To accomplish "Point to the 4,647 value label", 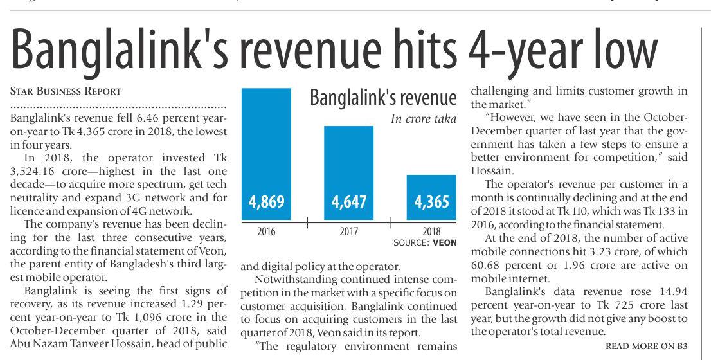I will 349,202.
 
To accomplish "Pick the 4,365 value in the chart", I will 432,202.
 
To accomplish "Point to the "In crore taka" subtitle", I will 423,119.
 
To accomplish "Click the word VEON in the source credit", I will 445,243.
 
